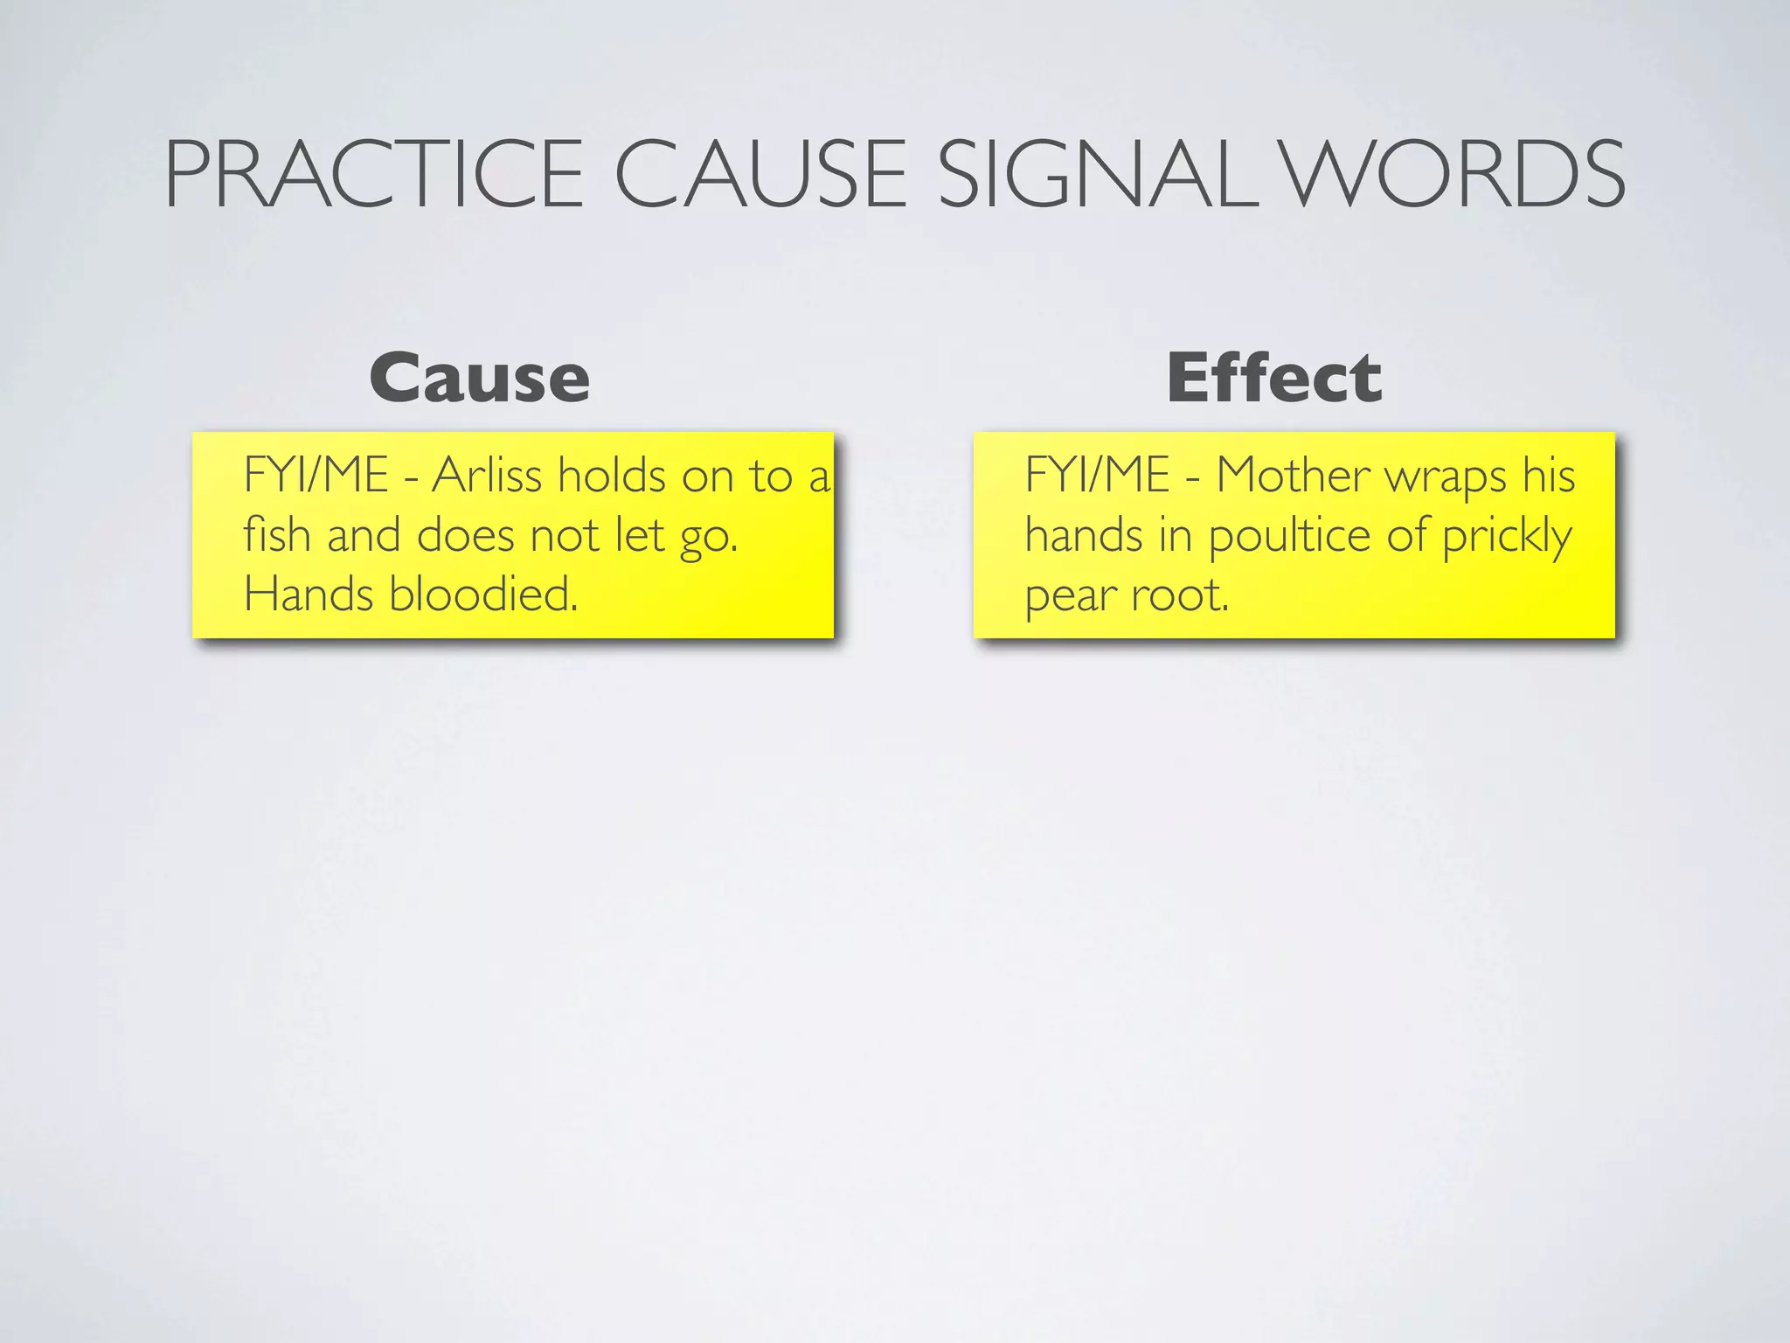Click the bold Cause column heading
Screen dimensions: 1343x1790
479,379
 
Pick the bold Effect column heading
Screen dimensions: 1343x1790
1274,379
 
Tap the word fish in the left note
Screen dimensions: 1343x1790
276,535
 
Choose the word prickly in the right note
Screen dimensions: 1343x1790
1507,537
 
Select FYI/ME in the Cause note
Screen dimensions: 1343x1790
316,477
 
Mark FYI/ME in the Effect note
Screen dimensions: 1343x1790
1097,477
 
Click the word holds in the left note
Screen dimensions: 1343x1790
612,477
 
